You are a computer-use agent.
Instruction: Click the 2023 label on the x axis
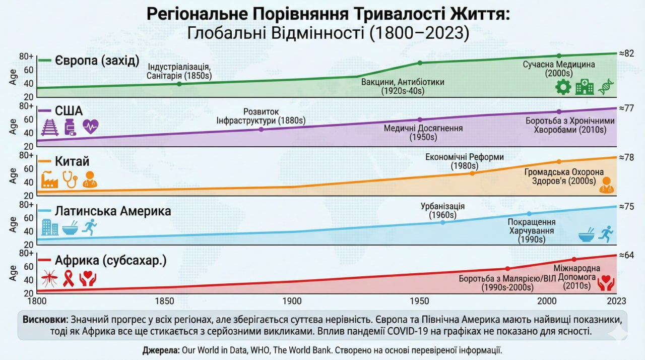(x=616, y=301)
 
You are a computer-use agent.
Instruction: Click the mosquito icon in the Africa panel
(x=49, y=278)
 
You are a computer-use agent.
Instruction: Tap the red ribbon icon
(x=68, y=278)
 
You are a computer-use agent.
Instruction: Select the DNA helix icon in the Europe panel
(x=606, y=87)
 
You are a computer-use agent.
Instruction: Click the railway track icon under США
(x=49, y=127)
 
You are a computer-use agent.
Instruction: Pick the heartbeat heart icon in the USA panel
(x=90, y=127)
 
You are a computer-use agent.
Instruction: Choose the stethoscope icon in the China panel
(x=70, y=179)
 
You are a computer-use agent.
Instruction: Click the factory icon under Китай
(x=49, y=179)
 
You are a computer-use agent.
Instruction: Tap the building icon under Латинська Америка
(x=49, y=227)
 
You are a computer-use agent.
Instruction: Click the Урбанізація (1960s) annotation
(x=442, y=211)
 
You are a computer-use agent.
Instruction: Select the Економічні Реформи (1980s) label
(x=464, y=161)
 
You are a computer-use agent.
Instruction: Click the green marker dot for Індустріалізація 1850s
(x=179, y=84)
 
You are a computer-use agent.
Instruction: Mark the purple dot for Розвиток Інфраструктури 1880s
(x=261, y=130)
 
